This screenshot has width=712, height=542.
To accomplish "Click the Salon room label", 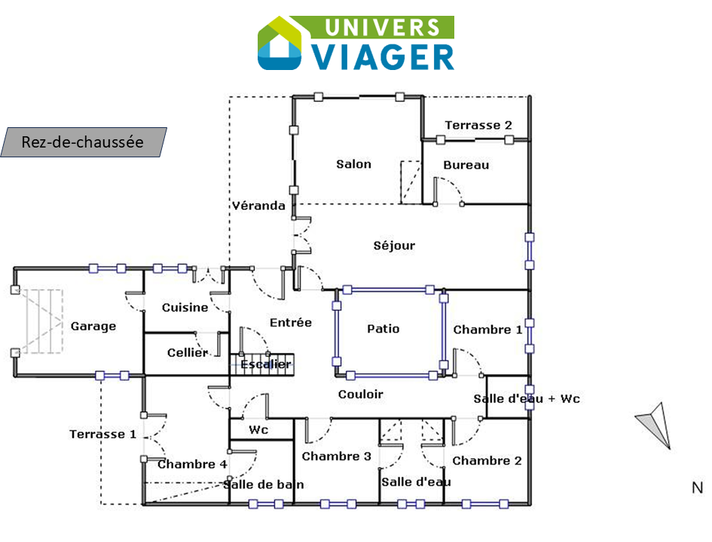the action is [x=353, y=164].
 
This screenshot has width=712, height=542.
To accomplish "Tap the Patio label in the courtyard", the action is [x=384, y=328].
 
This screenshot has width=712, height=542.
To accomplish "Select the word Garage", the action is [x=93, y=326].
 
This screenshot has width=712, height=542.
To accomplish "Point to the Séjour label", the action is [x=394, y=245].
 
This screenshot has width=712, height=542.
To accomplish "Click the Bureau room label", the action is [x=466, y=165].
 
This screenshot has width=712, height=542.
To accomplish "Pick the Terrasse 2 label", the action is [x=478, y=125].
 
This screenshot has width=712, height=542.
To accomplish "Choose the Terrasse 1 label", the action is [x=102, y=434].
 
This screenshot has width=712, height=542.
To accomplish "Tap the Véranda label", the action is [x=259, y=206].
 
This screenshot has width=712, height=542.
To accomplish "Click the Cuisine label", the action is [x=185, y=307].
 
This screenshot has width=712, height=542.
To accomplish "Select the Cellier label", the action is [x=188, y=352].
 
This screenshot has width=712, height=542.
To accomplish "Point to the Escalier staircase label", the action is [x=266, y=364].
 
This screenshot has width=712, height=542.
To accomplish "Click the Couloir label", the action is [x=361, y=394].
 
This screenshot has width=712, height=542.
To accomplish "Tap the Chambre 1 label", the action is [x=487, y=329].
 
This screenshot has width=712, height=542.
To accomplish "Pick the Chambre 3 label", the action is [x=337, y=456].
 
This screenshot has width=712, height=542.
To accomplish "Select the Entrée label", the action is [x=291, y=322].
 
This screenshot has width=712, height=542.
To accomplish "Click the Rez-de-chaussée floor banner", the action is [x=84, y=142].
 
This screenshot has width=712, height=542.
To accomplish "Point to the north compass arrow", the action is [x=655, y=425].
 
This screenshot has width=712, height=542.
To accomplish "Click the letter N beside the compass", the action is [x=698, y=488].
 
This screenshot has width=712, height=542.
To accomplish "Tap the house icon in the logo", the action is [x=280, y=44].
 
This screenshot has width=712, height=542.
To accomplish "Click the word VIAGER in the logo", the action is [x=384, y=57].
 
